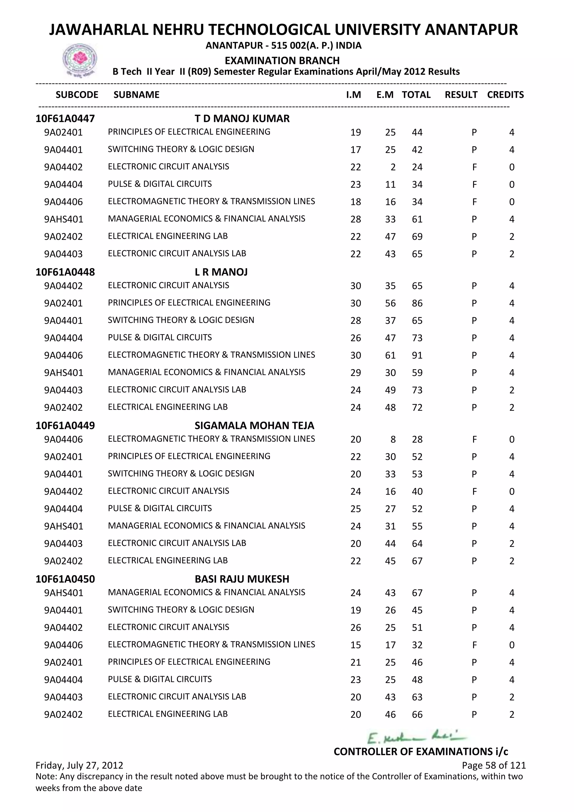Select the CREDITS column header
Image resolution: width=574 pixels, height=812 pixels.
tap(505, 95)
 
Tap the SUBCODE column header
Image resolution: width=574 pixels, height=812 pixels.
tap(77, 95)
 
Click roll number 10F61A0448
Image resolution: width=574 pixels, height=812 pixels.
tap(65, 272)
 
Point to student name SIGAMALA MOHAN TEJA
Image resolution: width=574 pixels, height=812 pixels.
tap(254, 425)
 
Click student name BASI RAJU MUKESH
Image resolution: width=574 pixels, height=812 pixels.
tap(242, 579)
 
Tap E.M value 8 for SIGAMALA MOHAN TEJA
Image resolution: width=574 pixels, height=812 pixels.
tap(393, 440)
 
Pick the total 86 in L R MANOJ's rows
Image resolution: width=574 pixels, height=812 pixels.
tap(417, 303)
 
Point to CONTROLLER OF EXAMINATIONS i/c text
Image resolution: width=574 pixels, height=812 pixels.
tap(421, 751)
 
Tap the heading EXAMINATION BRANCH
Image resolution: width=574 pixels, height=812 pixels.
tap(282, 61)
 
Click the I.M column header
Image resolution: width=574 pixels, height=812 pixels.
tap(353, 95)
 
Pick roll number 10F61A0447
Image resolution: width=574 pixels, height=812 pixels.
tap(65, 119)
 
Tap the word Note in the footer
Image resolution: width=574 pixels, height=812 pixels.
tap(46, 777)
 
